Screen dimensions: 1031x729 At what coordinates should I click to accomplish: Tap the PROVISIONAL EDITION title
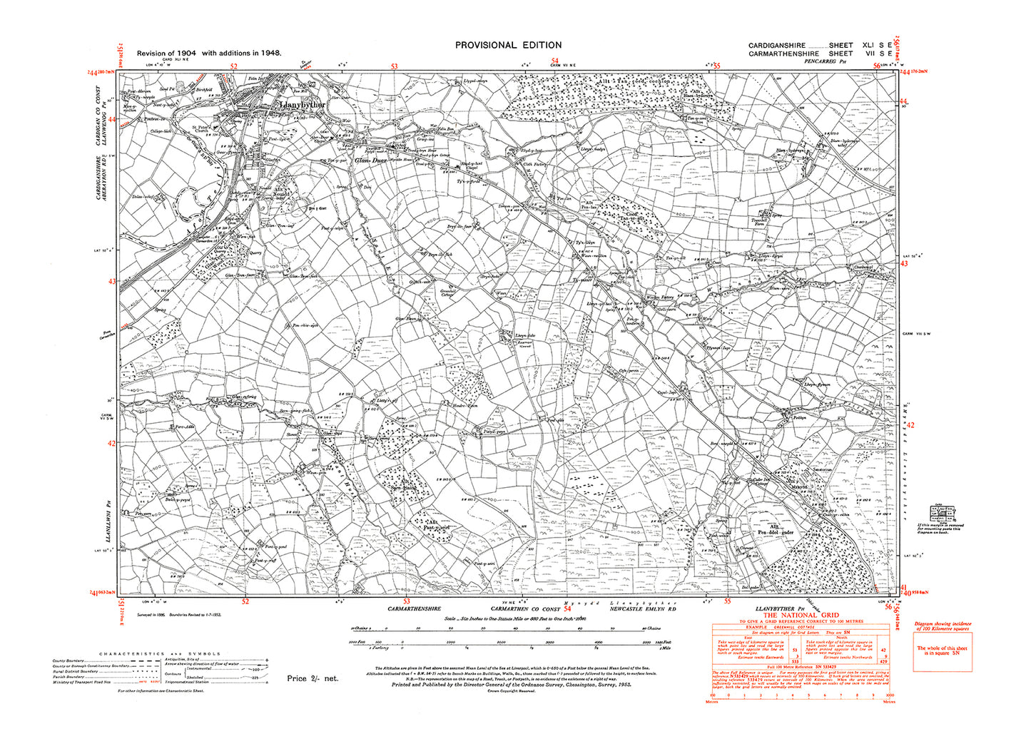coord(508,45)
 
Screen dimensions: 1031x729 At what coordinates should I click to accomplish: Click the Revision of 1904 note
coord(209,53)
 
